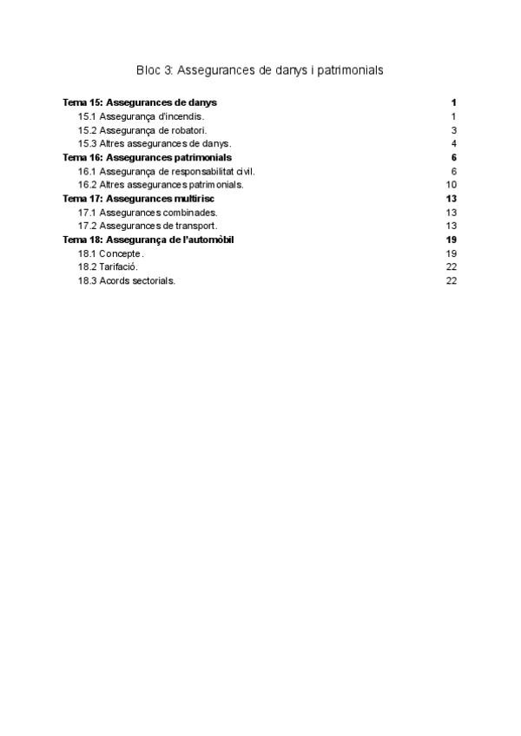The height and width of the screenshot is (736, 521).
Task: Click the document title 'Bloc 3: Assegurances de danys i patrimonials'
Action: [x=260, y=69]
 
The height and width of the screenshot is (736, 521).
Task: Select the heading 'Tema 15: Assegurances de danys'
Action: [x=140, y=102]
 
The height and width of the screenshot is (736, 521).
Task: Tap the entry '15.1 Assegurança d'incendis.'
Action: [x=142, y=116]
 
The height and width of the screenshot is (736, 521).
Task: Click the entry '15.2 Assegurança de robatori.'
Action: [x=142, y=130]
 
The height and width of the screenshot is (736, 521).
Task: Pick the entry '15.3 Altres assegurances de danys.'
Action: [x=155, y=143]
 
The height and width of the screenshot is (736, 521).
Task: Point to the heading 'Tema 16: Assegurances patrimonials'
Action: [x=147, y=157]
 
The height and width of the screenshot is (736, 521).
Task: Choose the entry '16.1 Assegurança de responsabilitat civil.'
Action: [x=166, y=171]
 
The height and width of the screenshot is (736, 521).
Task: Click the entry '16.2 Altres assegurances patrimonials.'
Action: [x=161, y=185]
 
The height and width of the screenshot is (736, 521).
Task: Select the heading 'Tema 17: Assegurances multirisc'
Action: [x=139, y=199]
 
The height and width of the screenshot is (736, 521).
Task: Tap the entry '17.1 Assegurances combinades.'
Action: [x=148, y=213]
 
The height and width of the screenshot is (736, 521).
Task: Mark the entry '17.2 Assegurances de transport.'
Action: [x=148, y=226]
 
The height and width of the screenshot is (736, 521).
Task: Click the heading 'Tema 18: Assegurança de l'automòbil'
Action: [x=148, y=240]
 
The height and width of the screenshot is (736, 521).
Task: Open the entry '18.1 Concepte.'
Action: [x=111, y=253]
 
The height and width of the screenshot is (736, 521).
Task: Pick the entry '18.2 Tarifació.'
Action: [x=108, y=267]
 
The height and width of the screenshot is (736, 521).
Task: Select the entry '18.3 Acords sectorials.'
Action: [x=127, y=281]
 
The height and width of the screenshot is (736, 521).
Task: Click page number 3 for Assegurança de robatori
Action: [x=454, y=130]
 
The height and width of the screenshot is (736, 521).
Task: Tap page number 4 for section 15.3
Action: [x=454, y=143]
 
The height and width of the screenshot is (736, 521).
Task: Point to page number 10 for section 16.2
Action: [x=452, y=185]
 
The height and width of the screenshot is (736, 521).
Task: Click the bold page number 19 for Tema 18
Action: [x=451, y=240]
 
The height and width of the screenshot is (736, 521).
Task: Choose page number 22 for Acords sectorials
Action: [x=452, y=281]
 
